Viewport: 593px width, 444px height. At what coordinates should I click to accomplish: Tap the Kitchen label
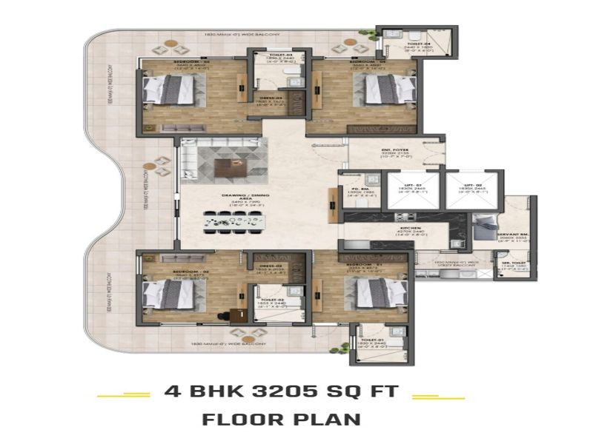point(411,228)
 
